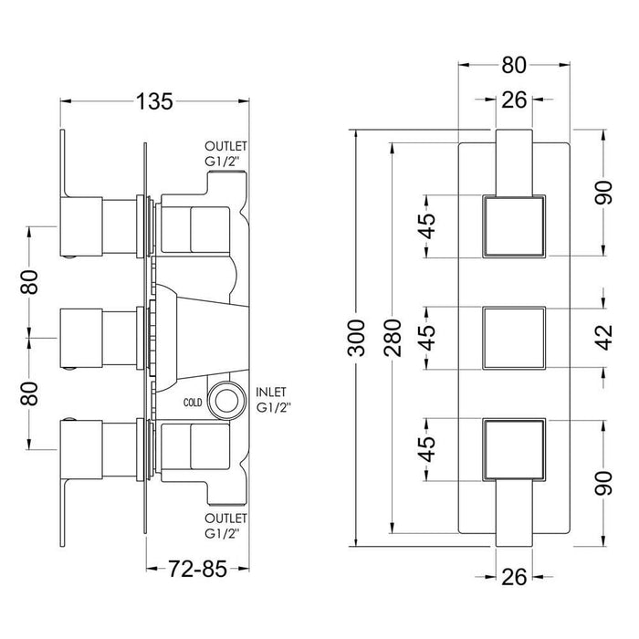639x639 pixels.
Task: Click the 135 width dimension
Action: pos(154,101)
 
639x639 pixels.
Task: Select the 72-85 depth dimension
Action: pos(197,569)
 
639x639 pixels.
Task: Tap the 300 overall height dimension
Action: pos(356,338)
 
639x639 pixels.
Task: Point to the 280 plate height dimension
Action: pos(393,338)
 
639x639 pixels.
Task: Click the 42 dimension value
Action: pos(603,338)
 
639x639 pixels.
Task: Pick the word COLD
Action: pos(193,403)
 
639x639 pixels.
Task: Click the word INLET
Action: pos(271,392)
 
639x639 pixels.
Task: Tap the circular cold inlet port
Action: pos(226,401)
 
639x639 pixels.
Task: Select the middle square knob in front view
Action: pos(514,339)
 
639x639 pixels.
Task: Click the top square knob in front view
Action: pos(514,226)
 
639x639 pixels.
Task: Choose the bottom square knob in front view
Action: pos(514,449)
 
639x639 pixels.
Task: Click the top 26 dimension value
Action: pos(514,100)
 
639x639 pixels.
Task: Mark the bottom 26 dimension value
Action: pos(514,577)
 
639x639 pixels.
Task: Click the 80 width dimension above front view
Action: pos(514,65)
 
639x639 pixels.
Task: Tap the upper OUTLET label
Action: pos(225,146)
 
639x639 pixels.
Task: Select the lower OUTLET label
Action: pos(225,519)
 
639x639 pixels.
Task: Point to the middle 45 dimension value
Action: pos(428,338)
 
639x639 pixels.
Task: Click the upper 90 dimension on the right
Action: pos(603,193)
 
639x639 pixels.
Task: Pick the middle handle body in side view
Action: pos(81,339)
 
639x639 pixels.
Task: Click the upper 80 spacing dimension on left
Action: pos(29,282)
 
